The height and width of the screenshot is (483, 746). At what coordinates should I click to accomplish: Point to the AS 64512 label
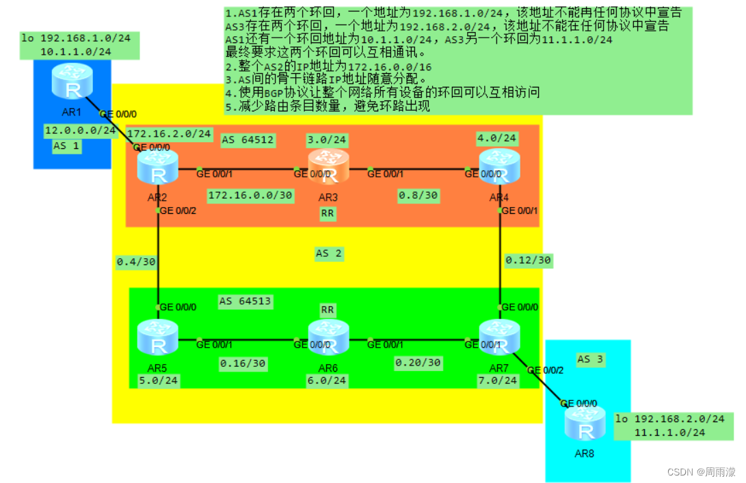click(248, 140)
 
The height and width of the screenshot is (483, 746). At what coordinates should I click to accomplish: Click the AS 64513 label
click(245, 301)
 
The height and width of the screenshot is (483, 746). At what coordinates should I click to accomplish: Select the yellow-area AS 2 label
click(328, 253)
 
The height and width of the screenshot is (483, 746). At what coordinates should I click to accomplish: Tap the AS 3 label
click(592, 359)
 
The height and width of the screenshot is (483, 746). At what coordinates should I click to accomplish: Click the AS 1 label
click(66, 146)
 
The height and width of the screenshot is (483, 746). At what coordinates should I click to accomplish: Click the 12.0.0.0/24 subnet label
click(80, 130)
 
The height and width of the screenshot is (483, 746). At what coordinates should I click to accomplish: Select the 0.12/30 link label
click(528, 260)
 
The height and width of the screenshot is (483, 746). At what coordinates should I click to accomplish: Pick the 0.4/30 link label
click(136, 262)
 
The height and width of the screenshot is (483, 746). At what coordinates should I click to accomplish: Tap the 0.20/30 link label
click(417, 362)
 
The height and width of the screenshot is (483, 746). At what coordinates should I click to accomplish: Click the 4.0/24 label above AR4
click(497, 139)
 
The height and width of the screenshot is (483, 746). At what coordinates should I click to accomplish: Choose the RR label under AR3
click(328, 214)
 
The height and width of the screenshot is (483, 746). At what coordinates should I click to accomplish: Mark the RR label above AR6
click(328, 309)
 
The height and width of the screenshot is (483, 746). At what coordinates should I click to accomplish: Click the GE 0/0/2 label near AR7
click(545, 370)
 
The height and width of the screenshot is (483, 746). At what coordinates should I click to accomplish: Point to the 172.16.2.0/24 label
click(169, 133)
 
